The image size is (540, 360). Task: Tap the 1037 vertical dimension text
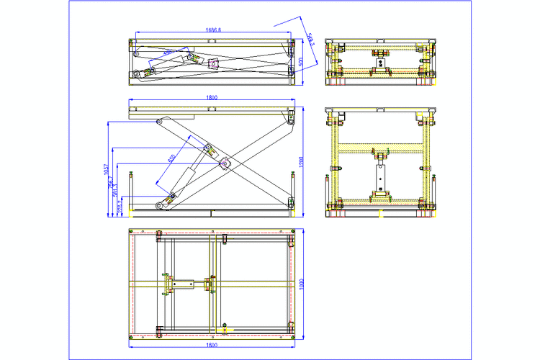tap(106, 170)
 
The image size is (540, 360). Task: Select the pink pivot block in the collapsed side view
tap(213, 63)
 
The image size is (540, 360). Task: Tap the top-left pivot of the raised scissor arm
tap(160, 122)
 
